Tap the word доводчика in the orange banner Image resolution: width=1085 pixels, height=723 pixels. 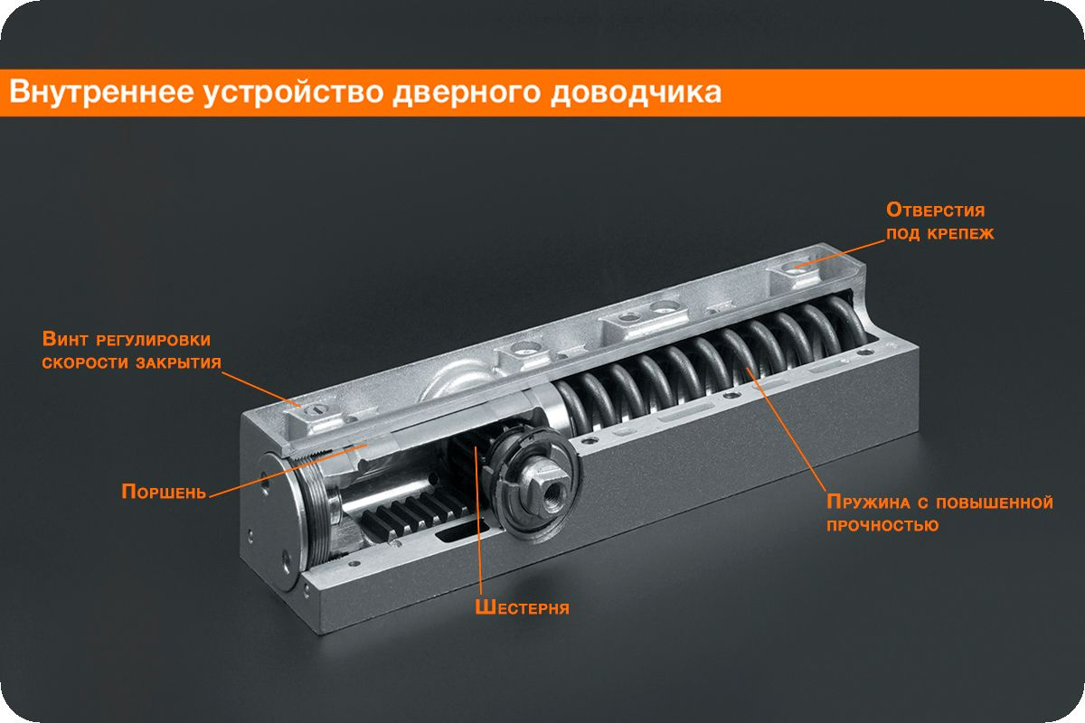(x=636, y=92)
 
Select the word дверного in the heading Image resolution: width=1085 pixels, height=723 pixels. (x=466, y=93)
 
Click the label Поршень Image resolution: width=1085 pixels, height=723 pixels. (x=164, y=492)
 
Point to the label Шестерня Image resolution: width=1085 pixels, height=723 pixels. (x=523, y=607)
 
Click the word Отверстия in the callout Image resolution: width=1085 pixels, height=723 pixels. (x=935, y=211)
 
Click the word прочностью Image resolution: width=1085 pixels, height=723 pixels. (x=882, y=525)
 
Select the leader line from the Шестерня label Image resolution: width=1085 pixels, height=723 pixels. (x=478, y=521)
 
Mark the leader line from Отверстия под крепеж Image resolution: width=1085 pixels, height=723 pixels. (x=840, y=253)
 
